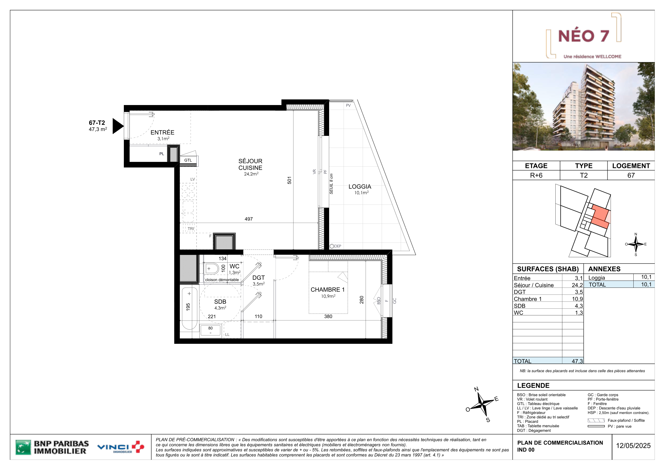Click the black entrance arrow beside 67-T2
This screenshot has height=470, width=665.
click(x=117, y=126)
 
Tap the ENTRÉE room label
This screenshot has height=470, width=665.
click(x=162, y=132)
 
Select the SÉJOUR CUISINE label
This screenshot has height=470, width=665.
click(x=250, y=164)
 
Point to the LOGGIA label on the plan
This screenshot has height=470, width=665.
click(x=360, y=186)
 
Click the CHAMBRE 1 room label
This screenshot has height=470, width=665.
click(x=328, y=290)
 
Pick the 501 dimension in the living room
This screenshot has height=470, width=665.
click(x=289, y=180)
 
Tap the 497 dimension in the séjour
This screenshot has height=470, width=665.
click(x=248, y=219)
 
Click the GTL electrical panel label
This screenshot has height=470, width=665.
click(x=188, y=160)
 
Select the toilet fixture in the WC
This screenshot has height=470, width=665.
click(x=211, y=268)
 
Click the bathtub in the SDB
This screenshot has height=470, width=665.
click(x=190, y=308)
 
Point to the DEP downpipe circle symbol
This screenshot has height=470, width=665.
click(x=332, y=246)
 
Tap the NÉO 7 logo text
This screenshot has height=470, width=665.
click(x=584, y=36)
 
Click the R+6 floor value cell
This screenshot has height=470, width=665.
click(x=536, y=175)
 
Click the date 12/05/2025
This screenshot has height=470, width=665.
click(x=633, y=446)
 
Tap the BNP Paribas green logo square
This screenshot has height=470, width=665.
click(x=23, y=447)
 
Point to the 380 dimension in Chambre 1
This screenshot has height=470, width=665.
click(x=328, y=316)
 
